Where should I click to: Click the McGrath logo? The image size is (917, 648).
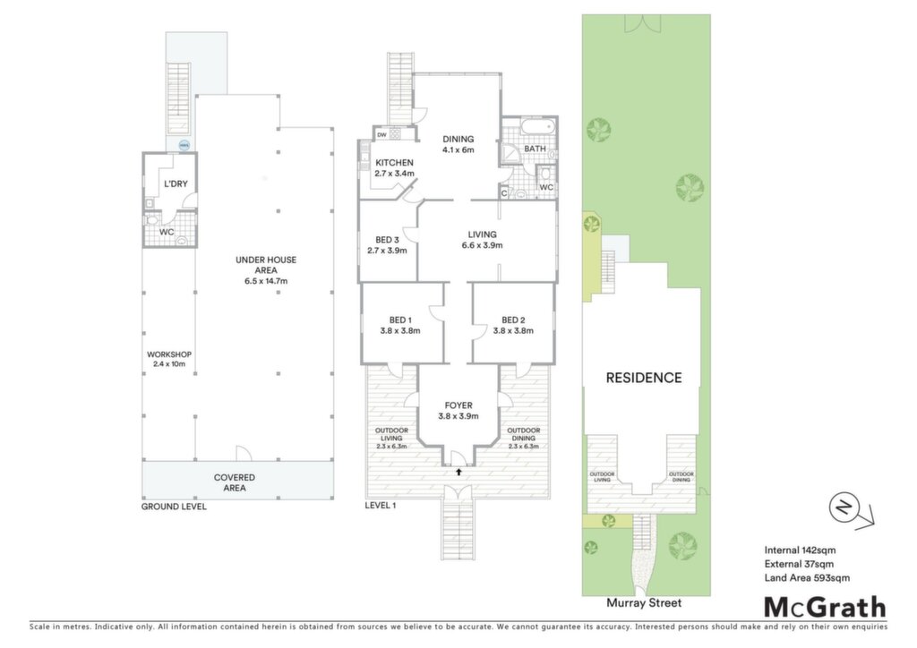tap(825, 608)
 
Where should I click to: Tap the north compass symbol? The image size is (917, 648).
tap(844, 507)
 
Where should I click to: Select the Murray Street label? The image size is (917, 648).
tap(644, 603)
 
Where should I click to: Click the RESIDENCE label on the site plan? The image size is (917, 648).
tap(644, 378)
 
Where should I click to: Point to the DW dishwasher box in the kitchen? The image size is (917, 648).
tap(381, 135)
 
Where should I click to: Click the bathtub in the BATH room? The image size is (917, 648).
tap(536, 127)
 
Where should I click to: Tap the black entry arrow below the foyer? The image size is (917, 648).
tap(459, 471)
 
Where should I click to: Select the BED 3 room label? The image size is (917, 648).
tap(387, 240)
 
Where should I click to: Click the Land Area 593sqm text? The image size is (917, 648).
tap(807, 578)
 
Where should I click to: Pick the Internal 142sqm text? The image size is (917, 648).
tap(800, 550)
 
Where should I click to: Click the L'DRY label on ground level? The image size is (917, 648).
tap(176, 183)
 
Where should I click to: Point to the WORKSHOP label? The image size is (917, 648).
tap(169, 354)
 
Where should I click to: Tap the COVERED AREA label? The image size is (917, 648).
tap(235, 482)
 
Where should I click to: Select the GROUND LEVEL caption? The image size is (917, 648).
tap(174, 507)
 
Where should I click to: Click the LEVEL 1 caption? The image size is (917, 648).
tap(380, 505)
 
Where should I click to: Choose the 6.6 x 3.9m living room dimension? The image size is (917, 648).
tap(482, 245)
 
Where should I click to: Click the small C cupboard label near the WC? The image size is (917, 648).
tap(504, 192)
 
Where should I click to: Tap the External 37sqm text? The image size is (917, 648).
tap(799, 564)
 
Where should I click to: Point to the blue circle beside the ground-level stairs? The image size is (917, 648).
tap(184, 145)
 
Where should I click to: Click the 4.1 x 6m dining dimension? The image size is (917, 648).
tap(458, 150)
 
